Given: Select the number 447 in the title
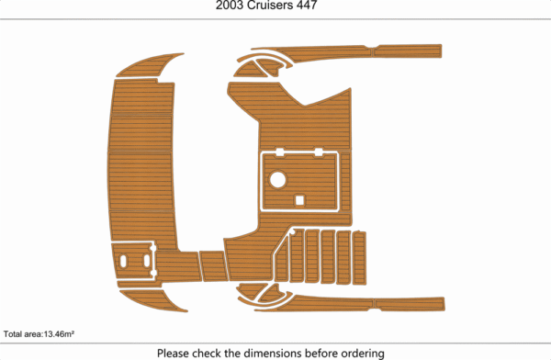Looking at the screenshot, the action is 307,6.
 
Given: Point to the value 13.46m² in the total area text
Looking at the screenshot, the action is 59,333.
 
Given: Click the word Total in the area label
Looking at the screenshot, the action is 13,334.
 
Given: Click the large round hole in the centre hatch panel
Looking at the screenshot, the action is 277,179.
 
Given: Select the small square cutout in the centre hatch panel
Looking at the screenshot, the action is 299,200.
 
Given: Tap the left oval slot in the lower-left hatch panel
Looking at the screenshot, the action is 123,261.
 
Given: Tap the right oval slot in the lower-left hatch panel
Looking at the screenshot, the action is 147,261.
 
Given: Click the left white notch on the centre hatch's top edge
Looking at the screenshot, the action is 280,152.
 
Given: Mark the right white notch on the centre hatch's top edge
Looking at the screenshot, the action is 319,152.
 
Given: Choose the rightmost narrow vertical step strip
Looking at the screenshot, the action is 359,258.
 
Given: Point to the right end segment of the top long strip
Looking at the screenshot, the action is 408,51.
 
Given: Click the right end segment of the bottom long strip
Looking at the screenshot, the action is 410,305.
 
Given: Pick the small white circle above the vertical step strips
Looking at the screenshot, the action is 292,232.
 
